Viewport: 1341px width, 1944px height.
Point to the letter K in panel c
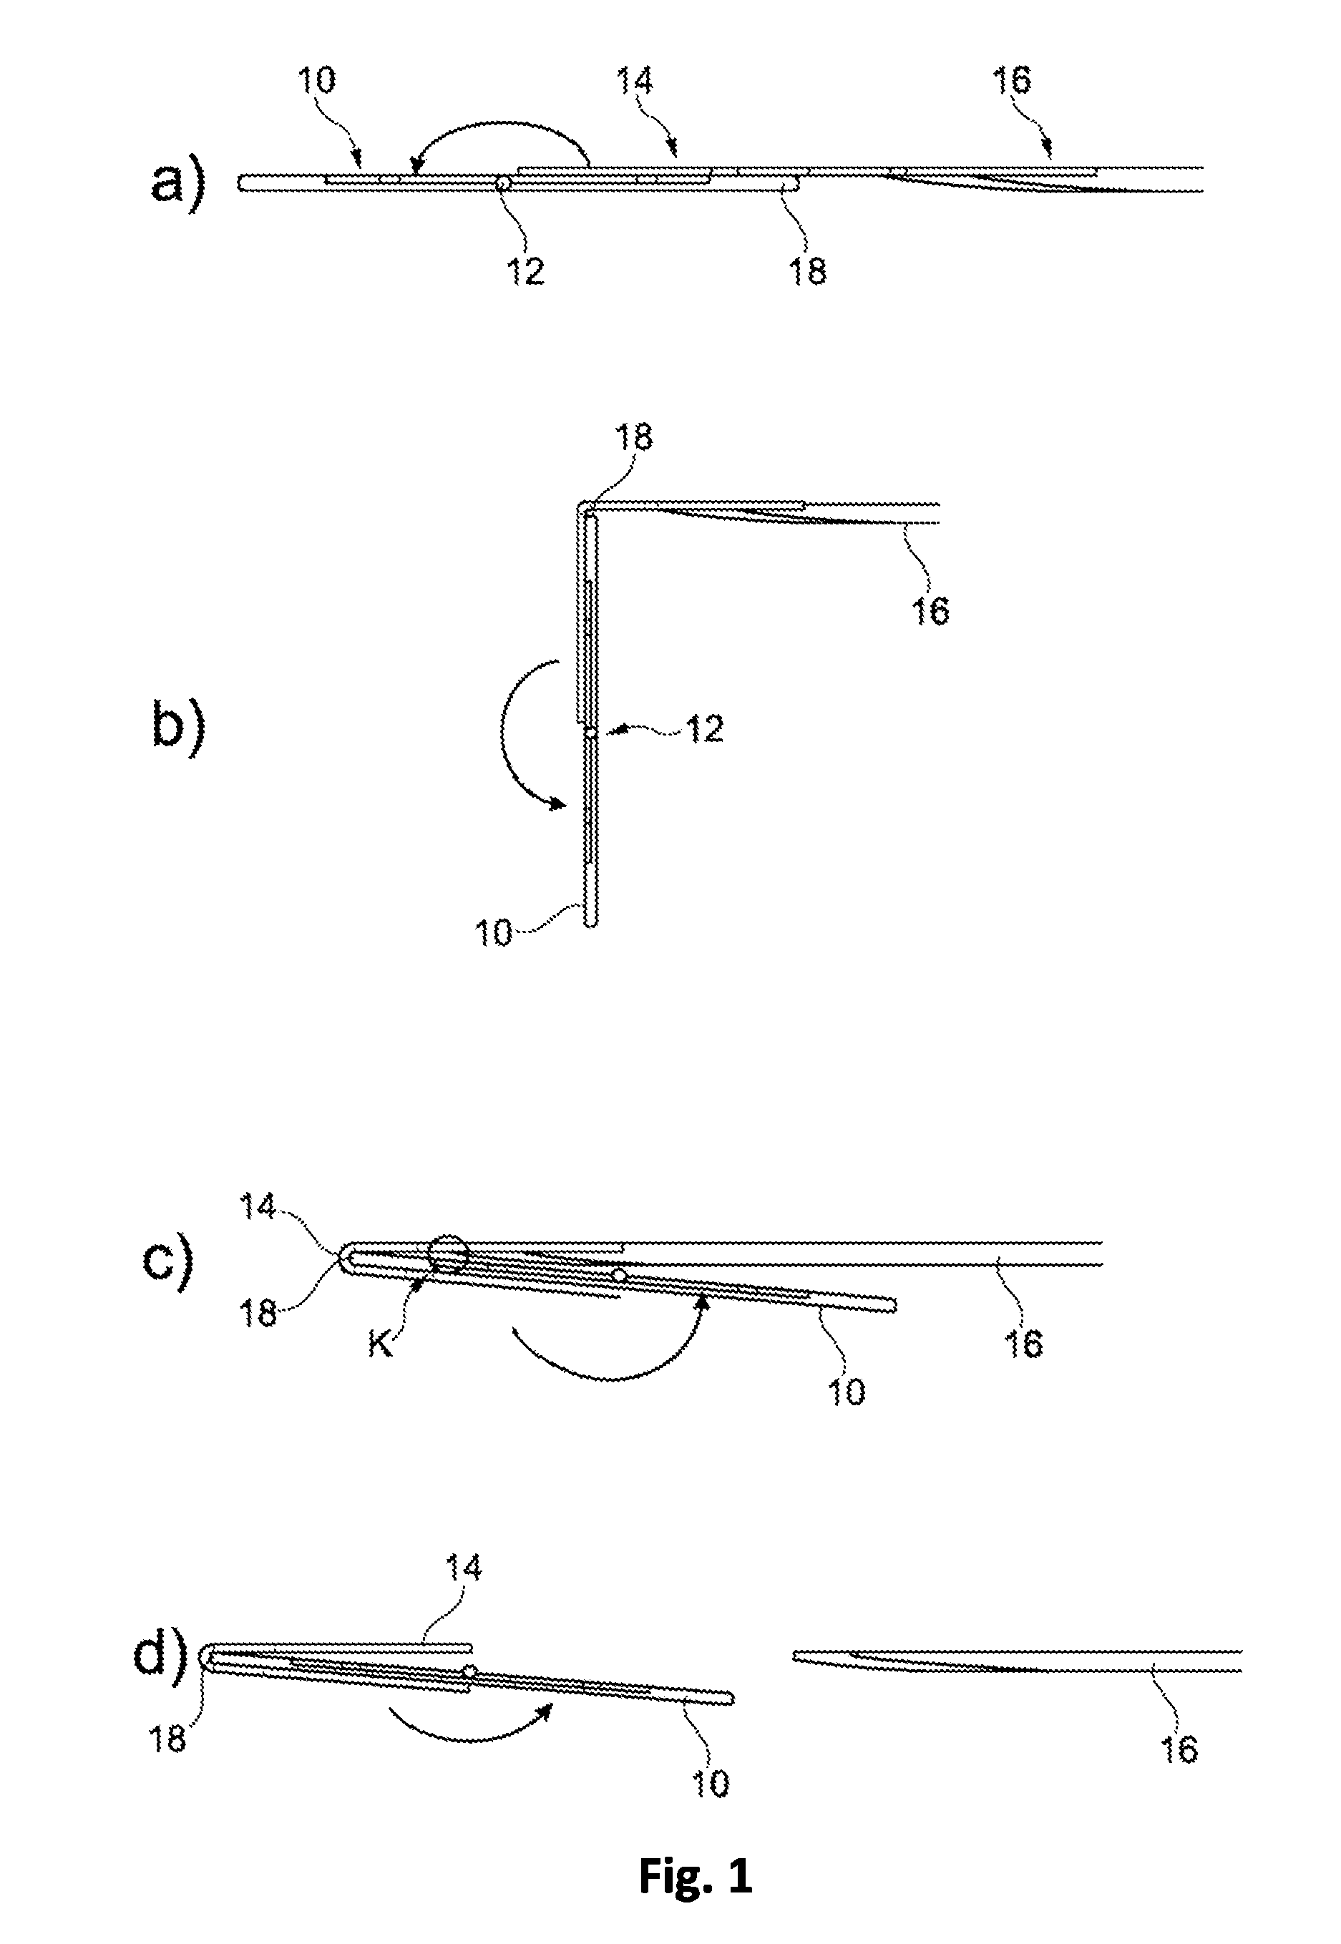tap(381, 1345)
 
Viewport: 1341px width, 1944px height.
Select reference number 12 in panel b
tap(704, 729)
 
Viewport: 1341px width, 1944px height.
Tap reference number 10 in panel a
tap(316, 80)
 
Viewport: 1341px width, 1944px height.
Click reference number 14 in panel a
tap(635, 81)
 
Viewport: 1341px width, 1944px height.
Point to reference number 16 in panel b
tap(930, 612)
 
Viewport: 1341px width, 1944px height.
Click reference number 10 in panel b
tap(493, 933)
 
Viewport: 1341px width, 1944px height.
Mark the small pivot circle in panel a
tap(502, 182)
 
